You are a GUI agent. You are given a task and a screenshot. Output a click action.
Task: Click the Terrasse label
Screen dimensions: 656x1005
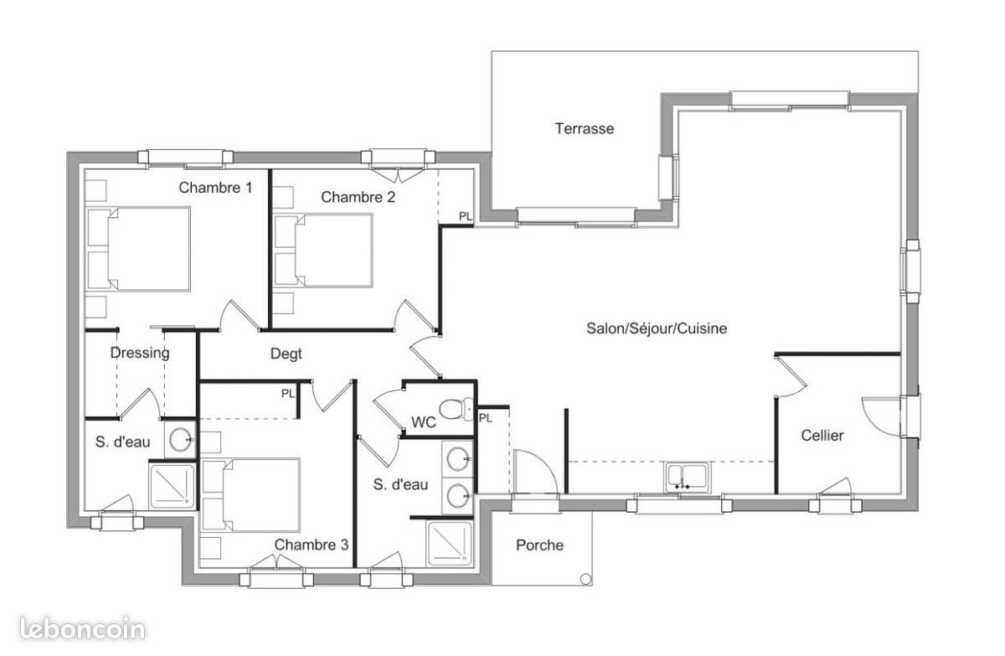click(x=584, y=128)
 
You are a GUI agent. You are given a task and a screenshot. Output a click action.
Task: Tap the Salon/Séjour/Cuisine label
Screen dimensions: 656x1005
click(x=656, y=328)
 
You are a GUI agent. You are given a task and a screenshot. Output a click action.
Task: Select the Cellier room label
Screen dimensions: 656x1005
click(x=822, y=436)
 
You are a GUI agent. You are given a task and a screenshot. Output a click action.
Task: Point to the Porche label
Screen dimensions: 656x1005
click(x=539, y=545)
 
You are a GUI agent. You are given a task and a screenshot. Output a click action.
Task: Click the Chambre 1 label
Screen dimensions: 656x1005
click(x=215, y=188)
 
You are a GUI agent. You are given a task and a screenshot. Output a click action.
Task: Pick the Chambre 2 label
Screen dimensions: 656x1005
click(x=358, y=198)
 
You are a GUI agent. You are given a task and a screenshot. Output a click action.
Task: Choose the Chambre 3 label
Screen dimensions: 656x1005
click(x=311, y=545)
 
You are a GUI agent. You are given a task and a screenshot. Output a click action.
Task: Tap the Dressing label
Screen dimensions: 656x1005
click(x=140, y=353)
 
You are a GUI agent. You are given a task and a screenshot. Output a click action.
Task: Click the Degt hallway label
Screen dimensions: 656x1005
click(x=286, y=354)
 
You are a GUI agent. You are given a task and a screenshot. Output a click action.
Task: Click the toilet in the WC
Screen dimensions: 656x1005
click(x=454, y=410)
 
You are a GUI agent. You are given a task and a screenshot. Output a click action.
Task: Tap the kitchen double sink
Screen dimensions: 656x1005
click(x=687, y=476)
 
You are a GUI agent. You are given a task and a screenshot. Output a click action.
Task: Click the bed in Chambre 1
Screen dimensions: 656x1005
click(x=141, y=250)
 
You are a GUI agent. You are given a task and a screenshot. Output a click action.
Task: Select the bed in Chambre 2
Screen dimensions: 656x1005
click(x=325, y=250)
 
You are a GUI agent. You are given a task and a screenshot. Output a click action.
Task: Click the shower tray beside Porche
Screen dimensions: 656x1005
click(x=450, y=544)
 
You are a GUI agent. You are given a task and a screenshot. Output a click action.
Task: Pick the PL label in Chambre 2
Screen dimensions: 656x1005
click(x=466, y=216)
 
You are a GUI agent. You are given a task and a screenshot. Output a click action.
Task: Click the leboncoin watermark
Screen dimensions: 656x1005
click(x=73, y=630)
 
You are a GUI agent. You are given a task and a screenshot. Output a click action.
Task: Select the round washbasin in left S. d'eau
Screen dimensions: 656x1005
click(x=180, y=439)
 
